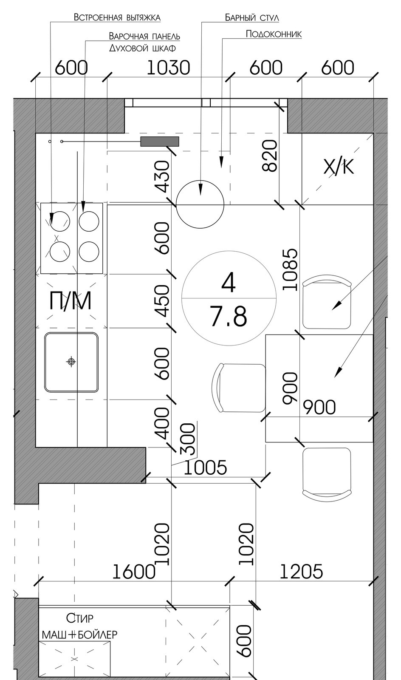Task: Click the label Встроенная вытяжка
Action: point(117,17)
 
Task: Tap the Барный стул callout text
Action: point(252,17)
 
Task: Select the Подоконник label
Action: point(274,34)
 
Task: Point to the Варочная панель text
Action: point(144,36)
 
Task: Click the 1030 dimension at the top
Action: point(168,68)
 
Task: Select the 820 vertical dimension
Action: point(270,156)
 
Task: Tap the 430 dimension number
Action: point(163,176)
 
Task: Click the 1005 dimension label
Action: point(206,467)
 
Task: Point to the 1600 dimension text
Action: point(134,572)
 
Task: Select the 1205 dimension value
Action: point(301,572)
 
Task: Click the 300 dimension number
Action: point(188,439)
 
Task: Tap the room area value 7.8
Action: point(229,317)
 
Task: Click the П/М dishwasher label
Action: point(71,301)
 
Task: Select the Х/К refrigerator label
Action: point(339,167)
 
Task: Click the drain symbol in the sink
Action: point(71,362)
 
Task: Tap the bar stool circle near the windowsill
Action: point(200,204)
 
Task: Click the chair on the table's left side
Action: point(238,388)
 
